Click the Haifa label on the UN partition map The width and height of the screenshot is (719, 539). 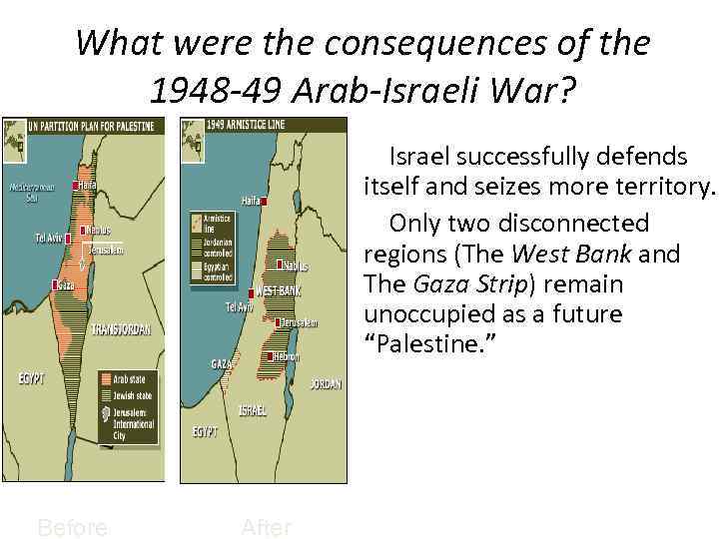[88, 185]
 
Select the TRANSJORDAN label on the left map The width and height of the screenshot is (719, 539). [127, 328]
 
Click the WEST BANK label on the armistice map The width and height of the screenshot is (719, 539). [278, 290]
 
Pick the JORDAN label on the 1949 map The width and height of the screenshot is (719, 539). [326, 383]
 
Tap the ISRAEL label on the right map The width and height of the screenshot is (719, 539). [252, 410]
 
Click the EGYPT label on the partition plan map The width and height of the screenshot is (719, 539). [32, 378]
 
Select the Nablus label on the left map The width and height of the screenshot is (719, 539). [98, 230]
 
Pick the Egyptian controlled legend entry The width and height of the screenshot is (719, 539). [220, 269]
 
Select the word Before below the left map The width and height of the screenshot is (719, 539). [72, 526]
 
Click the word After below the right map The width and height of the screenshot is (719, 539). [266, 526]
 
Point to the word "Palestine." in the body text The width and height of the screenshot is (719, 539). [430, 345]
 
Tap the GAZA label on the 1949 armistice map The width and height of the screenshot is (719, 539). [222, 364]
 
